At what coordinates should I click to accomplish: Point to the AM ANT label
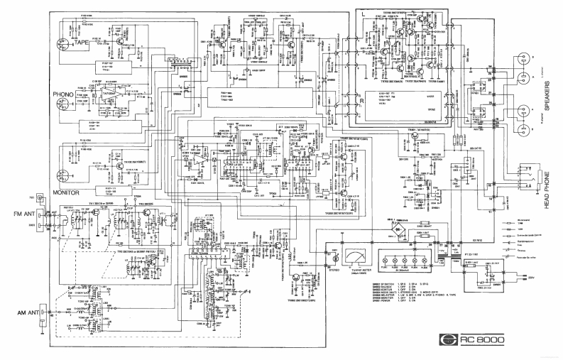coord(26,312)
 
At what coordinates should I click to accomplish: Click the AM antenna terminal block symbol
coord(43,312)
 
